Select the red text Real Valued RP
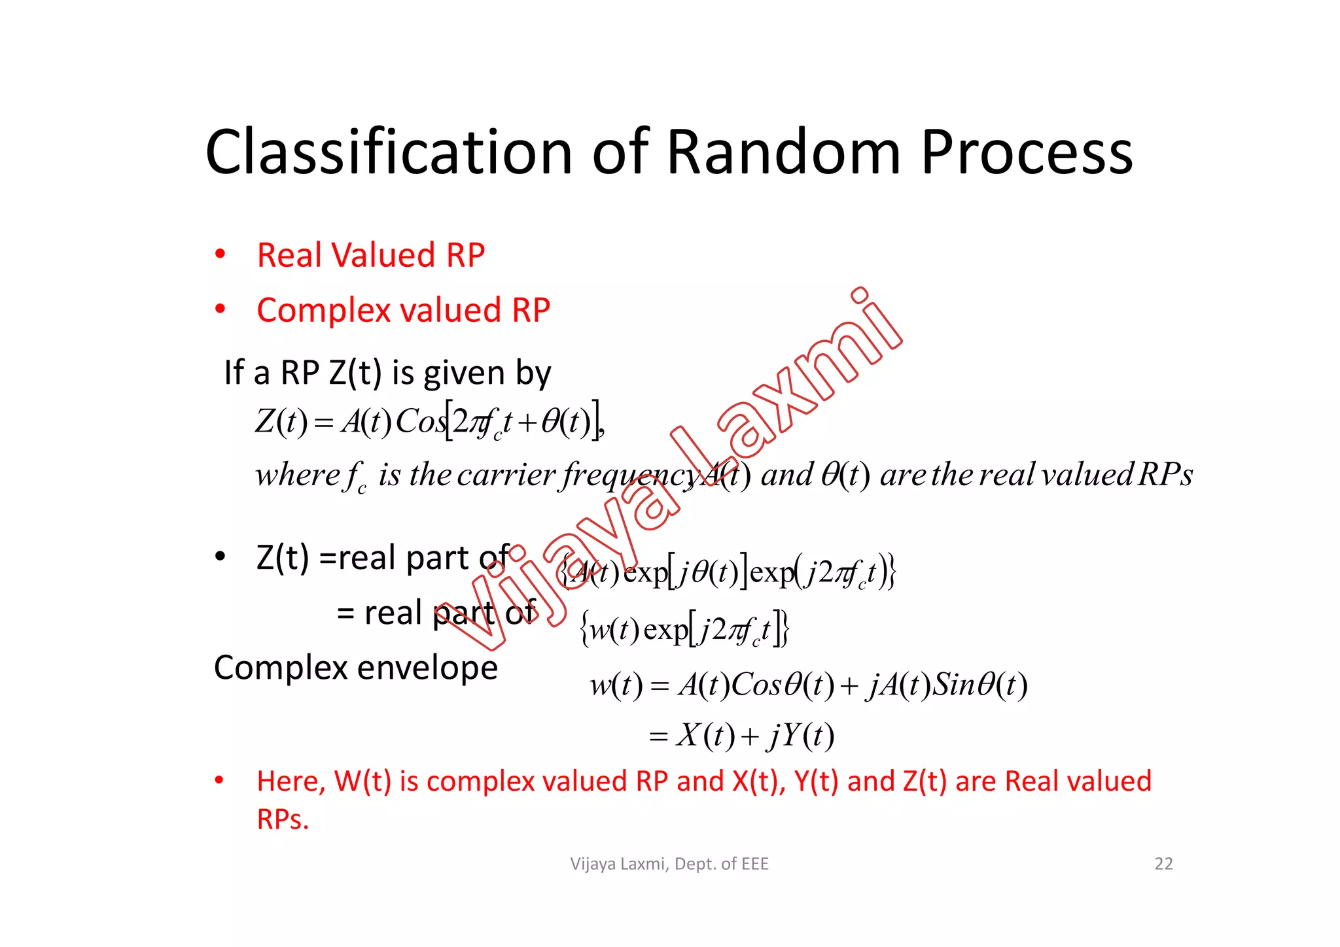[x=370, y=255]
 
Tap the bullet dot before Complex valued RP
[x=220, y=309]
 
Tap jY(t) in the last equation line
[x=802, y=736]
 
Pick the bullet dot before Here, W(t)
[x=220, y=780]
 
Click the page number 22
[x=1163, y=864]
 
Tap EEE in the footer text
[x=755, y=864]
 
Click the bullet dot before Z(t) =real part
[x=220, y=557]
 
